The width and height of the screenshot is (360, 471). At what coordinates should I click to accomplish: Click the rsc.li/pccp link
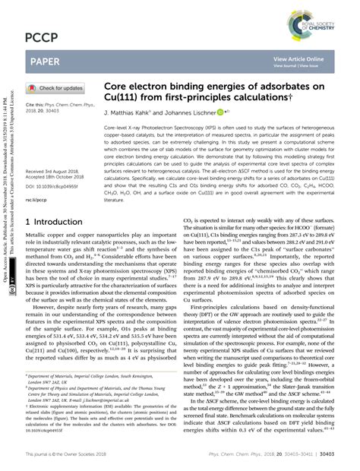coord(37,201)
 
